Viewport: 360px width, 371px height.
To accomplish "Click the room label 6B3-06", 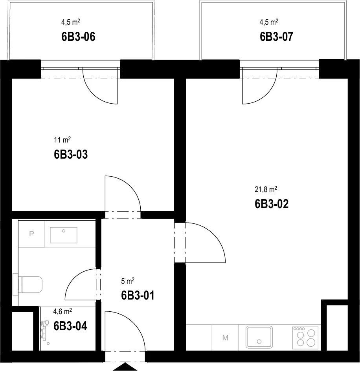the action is (x=78, y=37).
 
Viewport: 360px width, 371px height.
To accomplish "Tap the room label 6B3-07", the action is (x=276, y=37).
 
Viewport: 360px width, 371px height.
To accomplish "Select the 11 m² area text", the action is (x=62, y=140).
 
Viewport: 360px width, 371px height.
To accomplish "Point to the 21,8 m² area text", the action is (x=266, y=189).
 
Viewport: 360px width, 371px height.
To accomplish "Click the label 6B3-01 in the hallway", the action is (x=138, y=295).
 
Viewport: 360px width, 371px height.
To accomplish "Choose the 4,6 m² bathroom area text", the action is (x=62, y=311).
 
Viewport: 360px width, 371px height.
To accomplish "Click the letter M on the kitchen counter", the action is (x=225, y=338).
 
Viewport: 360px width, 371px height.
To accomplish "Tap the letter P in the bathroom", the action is (x=31, y=234).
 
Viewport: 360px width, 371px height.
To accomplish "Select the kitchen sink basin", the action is (x=259, y=337).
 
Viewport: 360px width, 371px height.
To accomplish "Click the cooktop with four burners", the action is (x=305, y=338).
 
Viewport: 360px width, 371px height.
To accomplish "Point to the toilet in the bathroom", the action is (x=28, y=284).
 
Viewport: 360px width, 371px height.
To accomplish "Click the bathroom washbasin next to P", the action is (x=64, y=235).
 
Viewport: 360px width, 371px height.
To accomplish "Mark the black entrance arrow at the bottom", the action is (x=125, y=366).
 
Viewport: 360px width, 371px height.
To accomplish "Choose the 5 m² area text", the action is (x=128, y=281).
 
